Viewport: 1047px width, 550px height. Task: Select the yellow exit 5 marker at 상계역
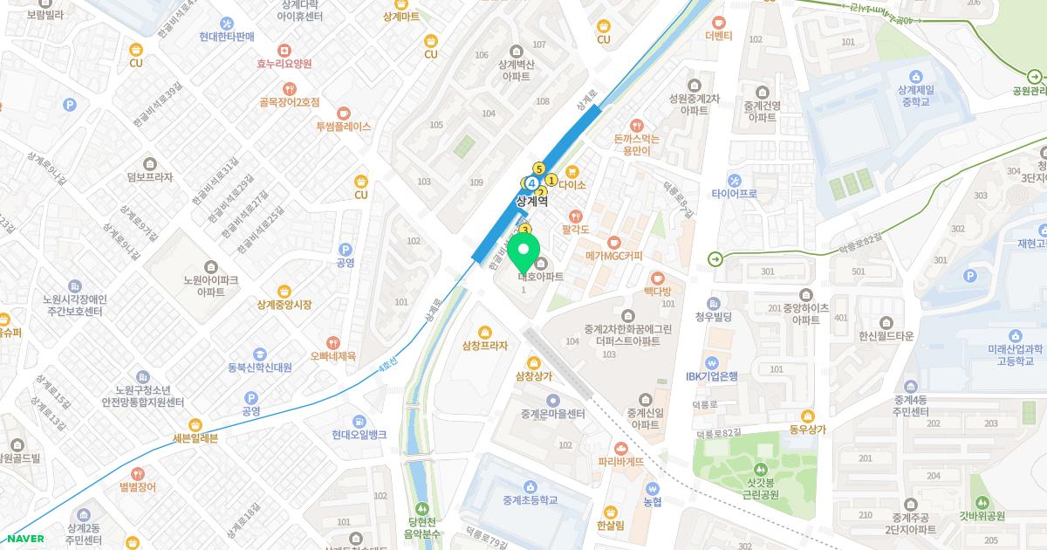pyautogui.click(x=539, y=168)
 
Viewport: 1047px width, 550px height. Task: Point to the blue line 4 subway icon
pyautogui.click(x=530, y=182)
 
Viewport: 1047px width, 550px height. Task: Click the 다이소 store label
pyautogui.click(x=572, y=185)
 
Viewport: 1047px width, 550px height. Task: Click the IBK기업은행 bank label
pyautogui.click(x=711, y=376)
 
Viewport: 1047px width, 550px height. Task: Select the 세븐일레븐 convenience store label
pyautogui.click(x=183, y=438)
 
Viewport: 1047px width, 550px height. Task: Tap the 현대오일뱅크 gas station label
pyautogui.click(x=359, y=435)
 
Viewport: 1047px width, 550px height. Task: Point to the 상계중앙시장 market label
pyautogui.click(x=284, y=305)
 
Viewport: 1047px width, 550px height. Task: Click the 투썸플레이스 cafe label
pyautogui.click(x=343, y=127)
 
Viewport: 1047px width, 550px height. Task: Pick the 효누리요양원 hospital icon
pyautogui.click(x=284, y=51)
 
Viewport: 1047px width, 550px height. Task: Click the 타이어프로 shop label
pyautogui.click(x=734, y=194)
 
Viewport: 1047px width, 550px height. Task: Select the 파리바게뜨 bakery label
pyautogui.click(x=620, y=461)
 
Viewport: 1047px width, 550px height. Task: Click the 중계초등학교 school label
pyautogui.click(x=530, y=500)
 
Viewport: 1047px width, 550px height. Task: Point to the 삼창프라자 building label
pyautogui.click(x=485, y=346)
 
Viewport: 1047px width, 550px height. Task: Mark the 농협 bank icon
pyautogui.click(x=653, y=489)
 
